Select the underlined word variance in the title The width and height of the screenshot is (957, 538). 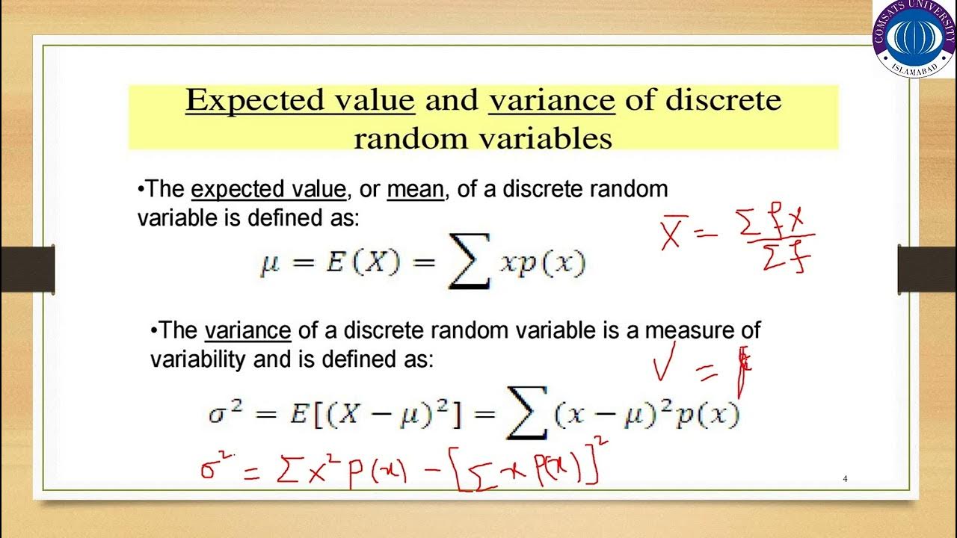click(x=551, y=100)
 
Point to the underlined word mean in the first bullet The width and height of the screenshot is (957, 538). click(x=415, y=190)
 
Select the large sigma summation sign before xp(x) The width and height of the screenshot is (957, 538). click(x=469, y=265)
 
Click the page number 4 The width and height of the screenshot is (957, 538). click(x=845, y=479)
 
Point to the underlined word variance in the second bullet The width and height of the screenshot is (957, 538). click(x=247, y=330)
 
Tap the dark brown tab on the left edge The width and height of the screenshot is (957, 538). click(x=27, y=270)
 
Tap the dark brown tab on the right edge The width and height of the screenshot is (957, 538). click(x=926, y=270)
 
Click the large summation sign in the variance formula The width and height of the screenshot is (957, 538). click(x=527, y=415)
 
